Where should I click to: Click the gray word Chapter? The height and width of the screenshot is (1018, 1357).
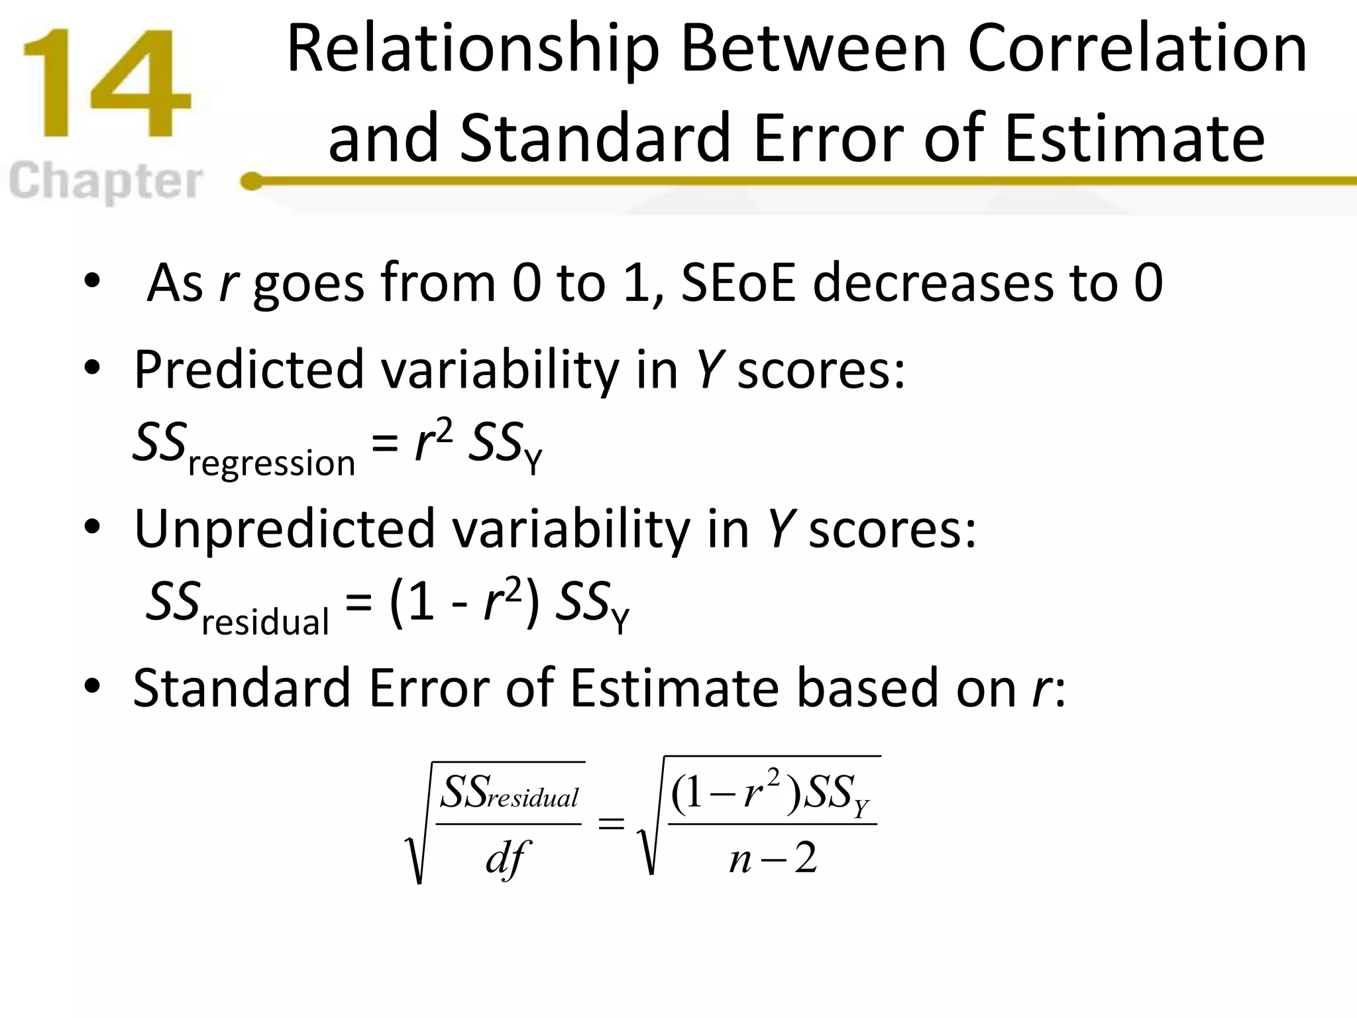pyautogui.click(x=106, y=181)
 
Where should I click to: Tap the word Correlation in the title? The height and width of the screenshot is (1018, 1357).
pyautogui.click(x=1137, y=50)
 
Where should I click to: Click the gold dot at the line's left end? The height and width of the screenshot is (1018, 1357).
pyautogui.click(x=252, y=181)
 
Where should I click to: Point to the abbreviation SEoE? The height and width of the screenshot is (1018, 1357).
pyautogui.click(x=737, y=283)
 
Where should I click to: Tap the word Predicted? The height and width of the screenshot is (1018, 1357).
pyautogui.click(x=248, y=369)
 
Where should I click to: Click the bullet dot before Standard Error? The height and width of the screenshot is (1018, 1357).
pyautogui.click(x=92, y=686)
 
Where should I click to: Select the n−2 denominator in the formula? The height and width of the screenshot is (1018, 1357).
pyautogui.click(x=773, y=859)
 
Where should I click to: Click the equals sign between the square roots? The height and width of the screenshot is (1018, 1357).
pyautogui.click(x=611, y=824)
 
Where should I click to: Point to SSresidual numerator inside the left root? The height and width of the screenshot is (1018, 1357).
pyautogui.click(x=509, y=793)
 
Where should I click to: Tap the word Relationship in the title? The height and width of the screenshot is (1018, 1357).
pyautogui.click(x=472, y=50)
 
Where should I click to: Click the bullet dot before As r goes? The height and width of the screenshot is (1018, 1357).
pyautogui.click(x=92, y=281)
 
